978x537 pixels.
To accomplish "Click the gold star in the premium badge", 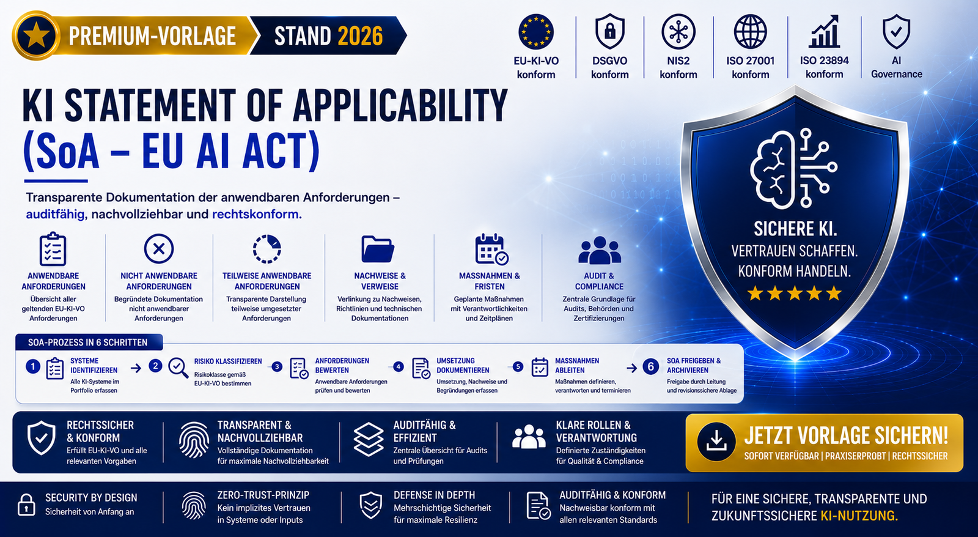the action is tap(36, 35).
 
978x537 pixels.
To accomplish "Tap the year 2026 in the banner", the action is tap(360, 36).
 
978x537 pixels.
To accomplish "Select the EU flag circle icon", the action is tap(535, 31).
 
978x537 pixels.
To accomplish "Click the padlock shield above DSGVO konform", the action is tap(610, 31).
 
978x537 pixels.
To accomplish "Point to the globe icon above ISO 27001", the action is tap(750, 31).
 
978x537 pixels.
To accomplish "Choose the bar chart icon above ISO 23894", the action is tap(824, 31).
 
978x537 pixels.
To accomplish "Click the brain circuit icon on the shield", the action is tap(793, 168).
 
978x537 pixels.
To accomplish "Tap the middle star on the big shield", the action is tap(794, 293).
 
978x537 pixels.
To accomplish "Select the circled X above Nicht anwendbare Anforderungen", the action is tap(159, 248).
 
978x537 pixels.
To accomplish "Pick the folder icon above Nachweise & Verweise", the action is tap(378, 249).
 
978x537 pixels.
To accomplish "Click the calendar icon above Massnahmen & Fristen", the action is tap(491, 250).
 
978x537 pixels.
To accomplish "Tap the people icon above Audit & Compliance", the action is tap(600, 250).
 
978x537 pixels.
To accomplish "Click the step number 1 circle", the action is tap(33, 366).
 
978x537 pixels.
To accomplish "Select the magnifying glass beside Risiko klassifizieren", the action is tap(178, 368).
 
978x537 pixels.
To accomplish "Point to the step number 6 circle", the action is tap(650, 366).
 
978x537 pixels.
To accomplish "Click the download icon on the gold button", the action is tap(716, 442).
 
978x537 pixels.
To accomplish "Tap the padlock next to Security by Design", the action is tap(26, 505).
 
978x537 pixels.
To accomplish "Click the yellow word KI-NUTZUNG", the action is tap(859, 516).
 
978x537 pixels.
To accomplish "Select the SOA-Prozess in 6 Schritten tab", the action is tap(89, 342).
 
